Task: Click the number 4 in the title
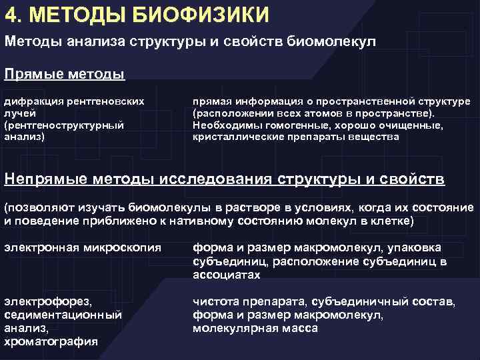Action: click(11, 13)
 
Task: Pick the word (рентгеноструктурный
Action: click(64, 125)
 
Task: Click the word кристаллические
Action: click(234, 137)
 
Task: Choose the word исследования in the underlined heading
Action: click(219, 179)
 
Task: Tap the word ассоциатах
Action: click(226, 274)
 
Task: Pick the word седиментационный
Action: click(63, 315)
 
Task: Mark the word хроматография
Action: click(51, 341)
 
